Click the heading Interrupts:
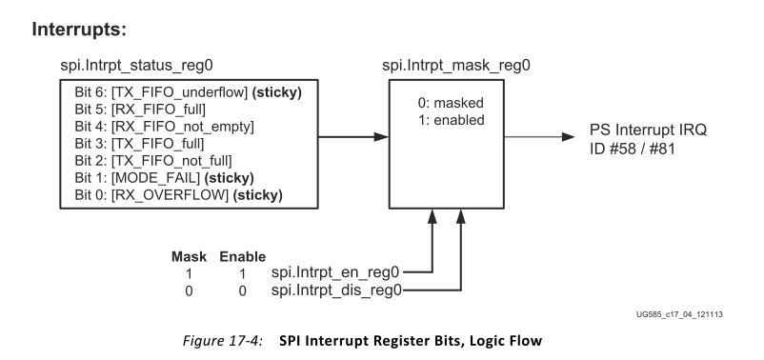click(79, 30)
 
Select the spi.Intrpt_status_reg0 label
click(136, 66)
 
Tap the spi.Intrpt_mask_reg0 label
click(456, 66)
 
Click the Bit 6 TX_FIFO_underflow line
click(188, 92)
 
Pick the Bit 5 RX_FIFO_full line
click(140, 110)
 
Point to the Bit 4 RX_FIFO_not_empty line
click(164, 127)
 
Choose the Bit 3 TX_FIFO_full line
click(139, 144)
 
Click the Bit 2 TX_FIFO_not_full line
click(153, 161)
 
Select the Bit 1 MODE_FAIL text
click(164, 178)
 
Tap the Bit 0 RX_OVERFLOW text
click(178, 195)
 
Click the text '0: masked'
click(451, 103)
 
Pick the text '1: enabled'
click(452, 120)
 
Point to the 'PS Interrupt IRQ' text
click(648, 130)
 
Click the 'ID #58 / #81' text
click(633, 148)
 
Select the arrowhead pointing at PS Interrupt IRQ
click(568, 137)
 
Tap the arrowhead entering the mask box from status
click(381, 137)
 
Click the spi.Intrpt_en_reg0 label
click(335, 271)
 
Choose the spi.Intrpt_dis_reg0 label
click(336, 290)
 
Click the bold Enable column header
click(243, 257)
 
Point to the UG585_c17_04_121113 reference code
click(679, 314)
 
